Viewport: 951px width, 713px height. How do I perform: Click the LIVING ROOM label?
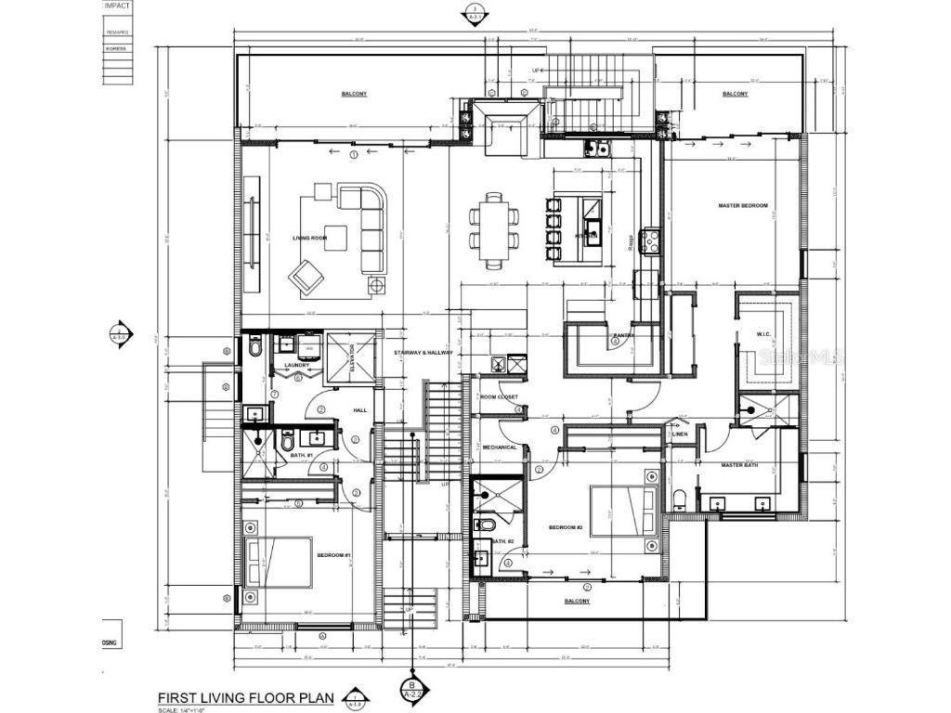tap(311, 239)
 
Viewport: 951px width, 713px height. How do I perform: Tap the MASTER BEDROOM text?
tap(743, 205)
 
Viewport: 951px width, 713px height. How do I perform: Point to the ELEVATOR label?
tap(353, 358)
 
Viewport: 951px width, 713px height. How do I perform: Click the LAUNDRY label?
tap(296, 365)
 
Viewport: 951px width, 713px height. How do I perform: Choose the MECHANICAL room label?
tap(499, 447)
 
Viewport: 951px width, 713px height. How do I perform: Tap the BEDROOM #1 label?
tap(333, 555)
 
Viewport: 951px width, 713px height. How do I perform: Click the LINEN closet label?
tap(680, 434)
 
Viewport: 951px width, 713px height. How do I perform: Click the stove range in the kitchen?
tap(649, 241)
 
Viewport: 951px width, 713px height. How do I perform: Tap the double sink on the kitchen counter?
tap(594, 149)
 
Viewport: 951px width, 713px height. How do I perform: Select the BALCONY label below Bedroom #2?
tap(577, 601)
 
